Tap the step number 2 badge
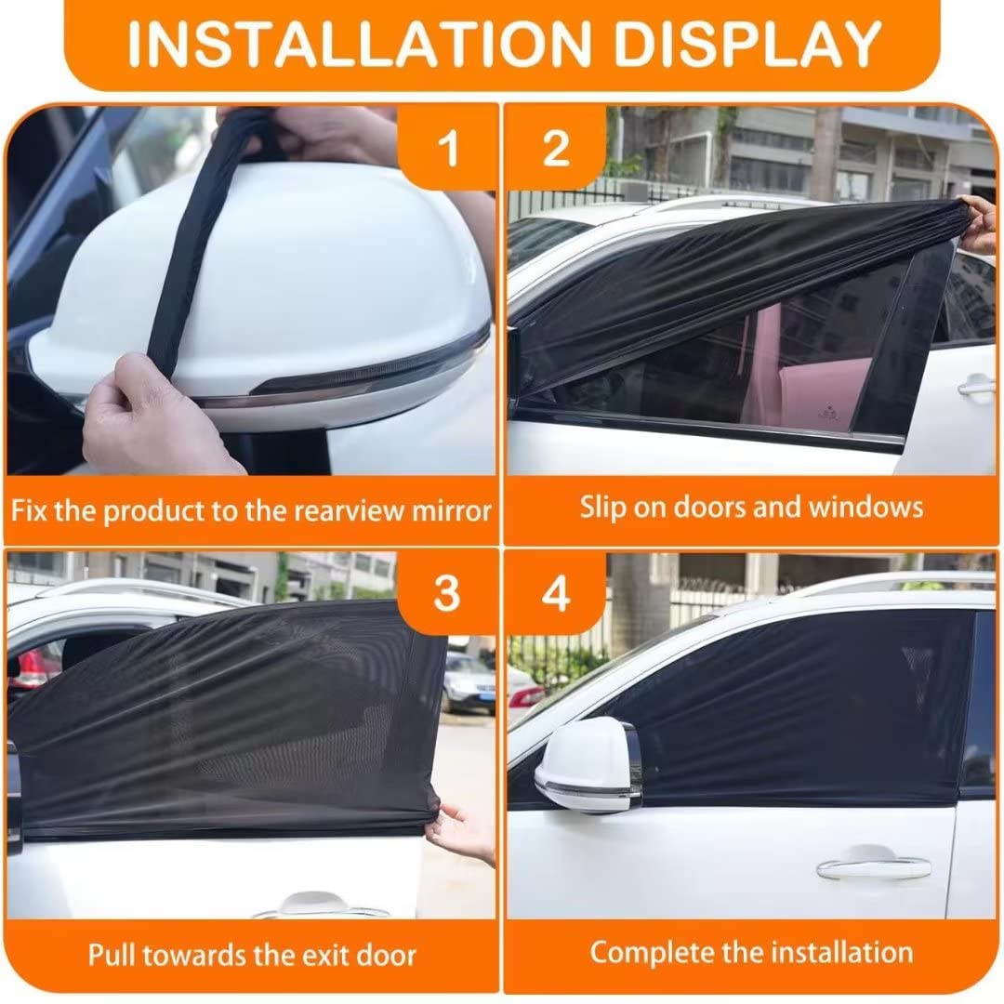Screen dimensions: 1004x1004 click(x=556, y=149)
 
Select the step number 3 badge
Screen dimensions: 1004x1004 click(x=447, y=593)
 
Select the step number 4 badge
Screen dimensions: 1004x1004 click(x=556, y=593)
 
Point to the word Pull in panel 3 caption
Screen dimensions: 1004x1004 click(x=111, y=954)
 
